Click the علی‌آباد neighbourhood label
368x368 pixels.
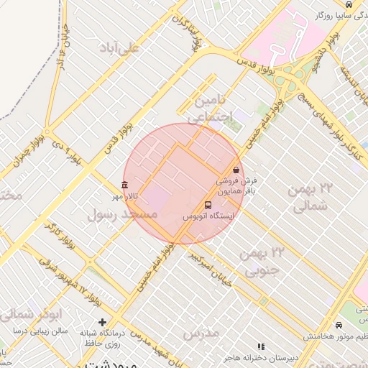click(x=140, y=48)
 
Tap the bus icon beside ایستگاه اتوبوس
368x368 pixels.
click(x=208, y=205)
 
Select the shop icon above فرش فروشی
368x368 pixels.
click(x=236, y=170)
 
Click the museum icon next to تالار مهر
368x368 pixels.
click(x=125, y=185)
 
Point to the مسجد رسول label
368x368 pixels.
click(x=121, y=213)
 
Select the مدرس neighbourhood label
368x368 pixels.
click(x=201, y=333)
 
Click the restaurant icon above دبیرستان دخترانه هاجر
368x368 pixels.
click(x=261, y=346)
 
